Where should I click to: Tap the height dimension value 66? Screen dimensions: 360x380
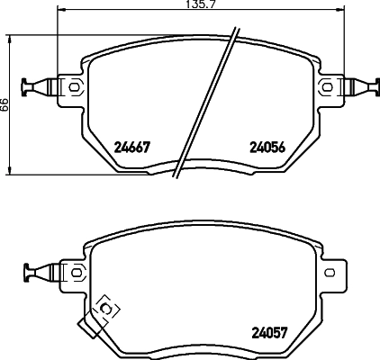tap(5, 105)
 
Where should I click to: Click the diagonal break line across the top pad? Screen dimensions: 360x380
tap(208, 103)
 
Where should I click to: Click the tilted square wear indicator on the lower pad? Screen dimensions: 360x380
tap(106, 309)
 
